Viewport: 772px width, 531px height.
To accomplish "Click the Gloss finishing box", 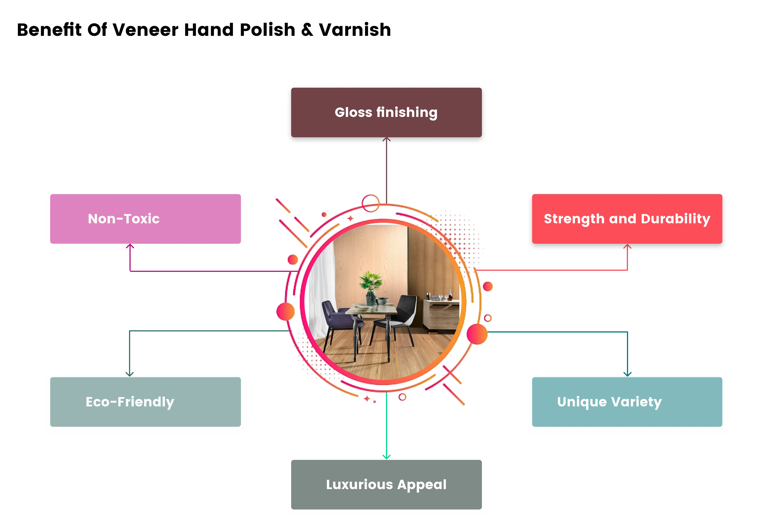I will pos(386,112).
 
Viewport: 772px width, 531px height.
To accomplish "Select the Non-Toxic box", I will pos(145,219).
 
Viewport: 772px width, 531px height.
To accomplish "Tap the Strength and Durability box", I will pos(627,219).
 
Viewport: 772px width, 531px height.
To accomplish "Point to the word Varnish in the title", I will pos(355,30).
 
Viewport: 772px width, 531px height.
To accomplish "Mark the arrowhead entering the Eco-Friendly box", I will pos(129,374).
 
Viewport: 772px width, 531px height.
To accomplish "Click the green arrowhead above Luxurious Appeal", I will pos(386,457).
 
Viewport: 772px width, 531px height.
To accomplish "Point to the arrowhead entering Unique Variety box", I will pos(627,374).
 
